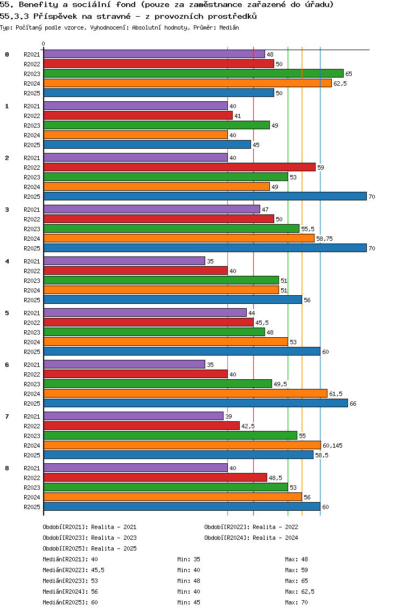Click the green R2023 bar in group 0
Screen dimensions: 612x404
click(193, 73)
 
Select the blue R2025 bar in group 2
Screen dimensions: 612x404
click(205, 197)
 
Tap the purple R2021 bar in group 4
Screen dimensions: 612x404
click(124, 261)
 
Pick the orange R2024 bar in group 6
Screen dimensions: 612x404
click(185, 394)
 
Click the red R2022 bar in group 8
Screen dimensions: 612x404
click(155, 478)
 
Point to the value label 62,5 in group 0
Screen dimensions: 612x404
click(340, 84)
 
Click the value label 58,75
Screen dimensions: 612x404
click(324, 239)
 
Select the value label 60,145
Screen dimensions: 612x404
click(332, 446)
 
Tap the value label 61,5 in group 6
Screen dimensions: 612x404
click(336, 394)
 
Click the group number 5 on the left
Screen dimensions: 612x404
click(7, 313)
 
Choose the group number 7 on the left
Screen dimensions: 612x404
click(7, 416)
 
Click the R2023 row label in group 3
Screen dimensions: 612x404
click(32, 229)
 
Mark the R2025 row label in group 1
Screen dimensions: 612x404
click(32, 145)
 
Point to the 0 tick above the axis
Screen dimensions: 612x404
click(44, 44)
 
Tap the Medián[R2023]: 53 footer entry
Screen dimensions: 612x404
click(70, 581)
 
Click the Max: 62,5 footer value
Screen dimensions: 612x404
click(299, 592)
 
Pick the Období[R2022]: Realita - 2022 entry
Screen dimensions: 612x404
click(251, 527)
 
